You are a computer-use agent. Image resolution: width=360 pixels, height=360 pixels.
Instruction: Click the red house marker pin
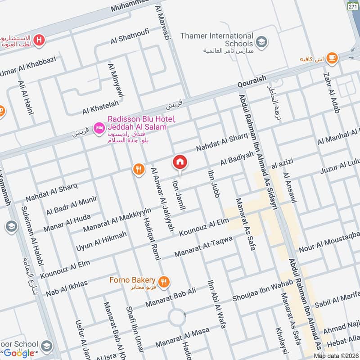[x=180, y=162]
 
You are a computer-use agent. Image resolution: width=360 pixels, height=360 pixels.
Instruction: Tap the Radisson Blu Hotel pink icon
[x=99, y=129]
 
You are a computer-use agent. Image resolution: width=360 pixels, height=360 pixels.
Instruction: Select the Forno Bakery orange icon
[x=165, y=282]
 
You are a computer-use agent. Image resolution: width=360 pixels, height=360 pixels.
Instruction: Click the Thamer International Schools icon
[x=261, y=42]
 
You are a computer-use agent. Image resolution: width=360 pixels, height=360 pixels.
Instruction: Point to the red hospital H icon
[x=40, y=40]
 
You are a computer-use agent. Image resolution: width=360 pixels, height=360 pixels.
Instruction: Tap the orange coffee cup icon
[x=332, y=57]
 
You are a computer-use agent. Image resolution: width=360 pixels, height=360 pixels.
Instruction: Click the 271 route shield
[x=353, y=6]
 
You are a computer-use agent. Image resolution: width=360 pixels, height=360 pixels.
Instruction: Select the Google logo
[x=19, y=353]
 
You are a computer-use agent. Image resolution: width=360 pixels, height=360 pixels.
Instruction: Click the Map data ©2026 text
[x=335, y=356]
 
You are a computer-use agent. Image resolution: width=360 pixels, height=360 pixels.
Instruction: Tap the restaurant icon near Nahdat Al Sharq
[x=139, y=169]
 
